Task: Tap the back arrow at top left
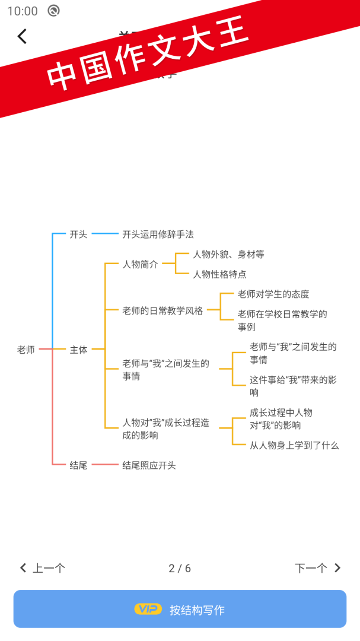[22, 36]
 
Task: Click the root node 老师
[26, 350]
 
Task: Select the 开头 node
[78, 234]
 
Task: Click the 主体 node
[78, 350]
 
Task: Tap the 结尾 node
[78, 465]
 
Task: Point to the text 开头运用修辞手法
[158, 234]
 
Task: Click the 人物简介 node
[140, 265]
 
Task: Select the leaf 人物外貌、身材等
[228, 254]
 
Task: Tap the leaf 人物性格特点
[219, 274]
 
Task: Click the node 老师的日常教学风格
[163, 310]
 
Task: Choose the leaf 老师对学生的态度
[273, 294]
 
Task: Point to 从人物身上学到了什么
[294, 445]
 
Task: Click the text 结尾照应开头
[149, 465]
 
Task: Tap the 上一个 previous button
[43, 568]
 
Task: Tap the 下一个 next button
[318, 568]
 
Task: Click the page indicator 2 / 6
[180, 568]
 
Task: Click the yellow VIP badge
[148, 609]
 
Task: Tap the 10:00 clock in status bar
[23, 11]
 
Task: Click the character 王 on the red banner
[230, 34]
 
